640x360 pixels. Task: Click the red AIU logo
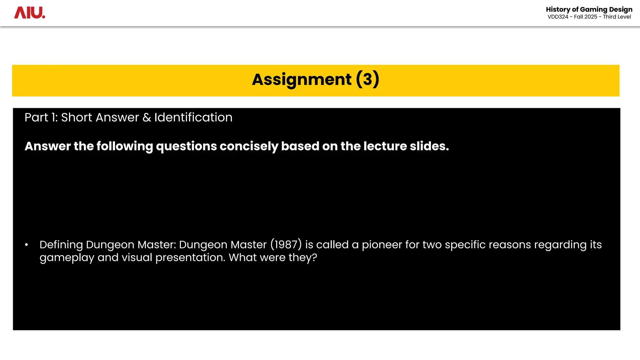[x=30, y=13]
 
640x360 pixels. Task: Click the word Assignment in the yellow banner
[x=302, y=79]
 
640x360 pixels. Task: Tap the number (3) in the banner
[x=367, y=79]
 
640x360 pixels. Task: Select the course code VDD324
[x=558, y=17]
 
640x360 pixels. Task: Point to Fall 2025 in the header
[x=585, y=17]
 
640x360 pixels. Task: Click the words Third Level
[x=617, y=17]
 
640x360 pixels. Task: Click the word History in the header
[x=558, y=9]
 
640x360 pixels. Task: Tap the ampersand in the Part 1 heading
[x=147, y=117]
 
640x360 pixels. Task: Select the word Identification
[x=193, y=117]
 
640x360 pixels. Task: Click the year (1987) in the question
[x=286, y=245]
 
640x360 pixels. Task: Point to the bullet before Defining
[x=27, y=245]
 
